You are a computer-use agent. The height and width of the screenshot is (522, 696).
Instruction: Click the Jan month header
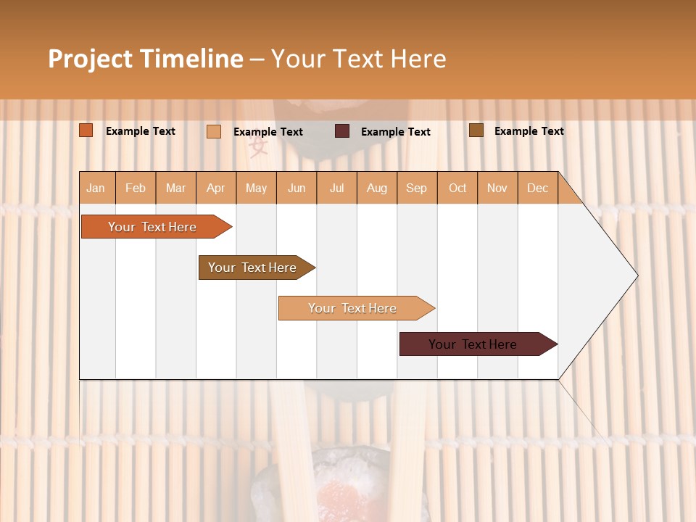tap(96, 188)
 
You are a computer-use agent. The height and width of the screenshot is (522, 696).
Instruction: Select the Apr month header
tap(215, 188)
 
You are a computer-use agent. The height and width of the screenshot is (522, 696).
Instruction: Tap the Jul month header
tap(336, 188)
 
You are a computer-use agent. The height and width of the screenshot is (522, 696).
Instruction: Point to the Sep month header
tap(416, 188)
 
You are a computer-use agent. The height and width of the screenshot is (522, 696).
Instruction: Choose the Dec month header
tap(537, 188)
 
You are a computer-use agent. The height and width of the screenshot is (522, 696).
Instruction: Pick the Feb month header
tap(136, 188)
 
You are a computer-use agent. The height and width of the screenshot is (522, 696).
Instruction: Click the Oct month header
tap(457, 188)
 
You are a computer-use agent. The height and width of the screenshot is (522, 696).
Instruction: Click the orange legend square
tap(86, 130)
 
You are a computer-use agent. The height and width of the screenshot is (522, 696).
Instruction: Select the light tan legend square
tap(214, 131)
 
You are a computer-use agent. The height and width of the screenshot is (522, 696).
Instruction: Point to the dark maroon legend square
tap(342, 131)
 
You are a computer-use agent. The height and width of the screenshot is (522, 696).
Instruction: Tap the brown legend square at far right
tap(476, 130)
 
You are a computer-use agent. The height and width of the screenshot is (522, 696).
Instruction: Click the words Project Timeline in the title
tap(145, 59)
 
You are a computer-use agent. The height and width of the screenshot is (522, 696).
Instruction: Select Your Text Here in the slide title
tap(358, 59)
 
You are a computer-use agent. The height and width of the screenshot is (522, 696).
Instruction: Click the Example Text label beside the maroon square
tap(395, 132)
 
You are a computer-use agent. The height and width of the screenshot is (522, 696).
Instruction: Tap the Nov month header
tap(497, 188)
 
